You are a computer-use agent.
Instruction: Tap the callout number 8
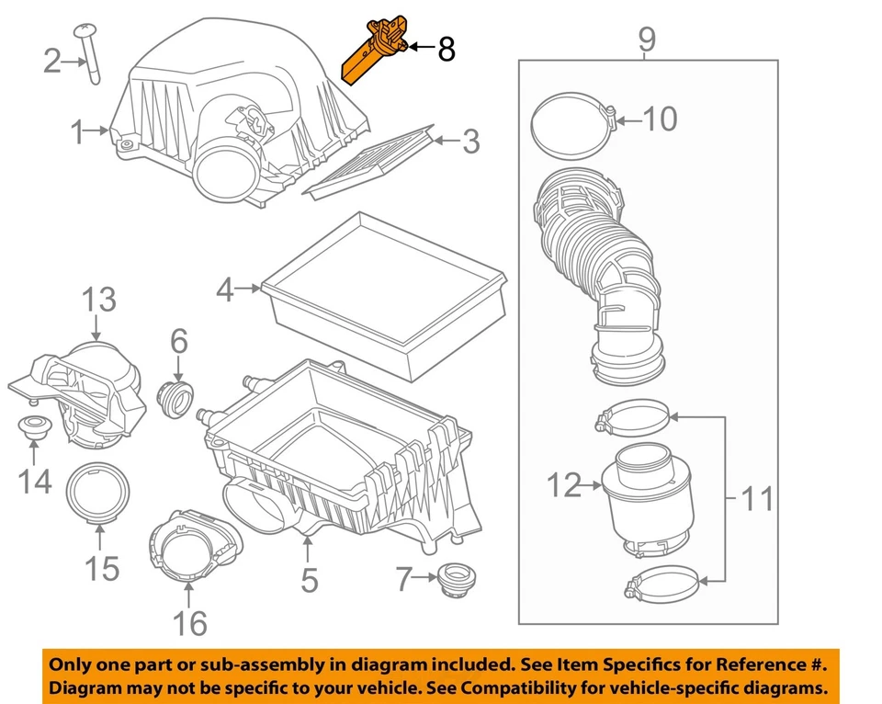click(446, 50)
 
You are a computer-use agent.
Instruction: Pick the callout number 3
click(469, 141)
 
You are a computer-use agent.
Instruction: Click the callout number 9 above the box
click(646, 40)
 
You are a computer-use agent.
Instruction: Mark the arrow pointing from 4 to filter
click(249, 290)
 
